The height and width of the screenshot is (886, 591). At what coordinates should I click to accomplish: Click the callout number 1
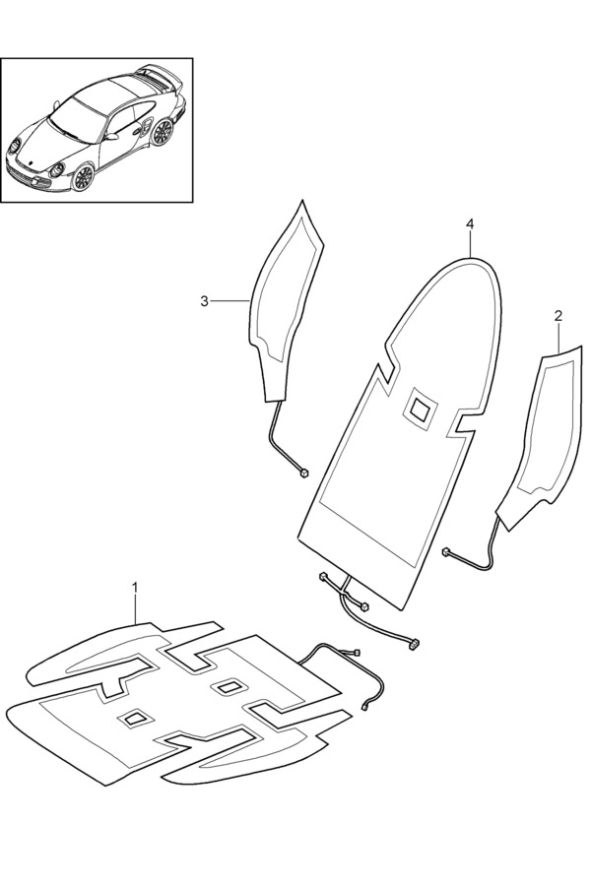click(135, 588)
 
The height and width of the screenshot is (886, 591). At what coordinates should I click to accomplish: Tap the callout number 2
click(558, 315)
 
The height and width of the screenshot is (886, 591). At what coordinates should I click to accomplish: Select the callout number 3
click(204, 301)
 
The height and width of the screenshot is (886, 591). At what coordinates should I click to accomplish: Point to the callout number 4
click(470, 224)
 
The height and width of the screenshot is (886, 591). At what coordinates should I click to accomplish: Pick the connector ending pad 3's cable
click(304, 473)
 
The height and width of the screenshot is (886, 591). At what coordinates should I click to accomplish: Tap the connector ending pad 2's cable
click(445, 550)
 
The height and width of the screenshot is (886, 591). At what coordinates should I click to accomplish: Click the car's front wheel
click(83, 177)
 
